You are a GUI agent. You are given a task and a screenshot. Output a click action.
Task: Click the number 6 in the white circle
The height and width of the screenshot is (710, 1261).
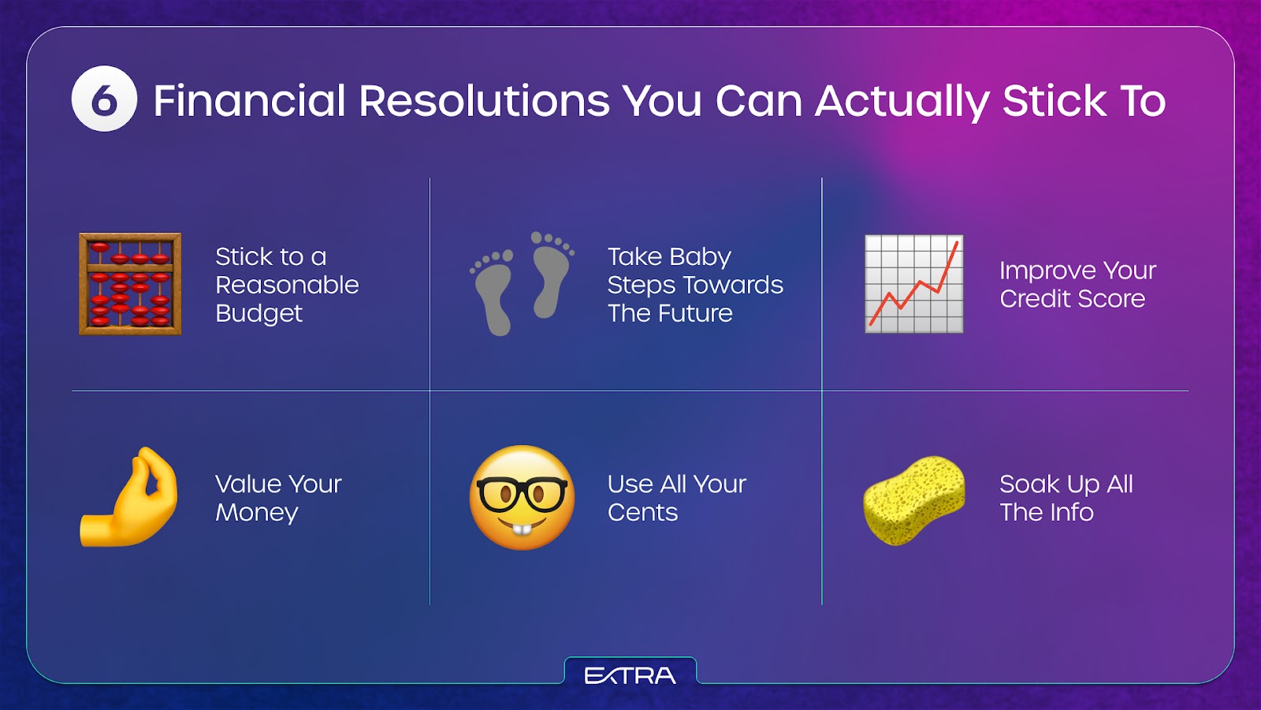point(104,100)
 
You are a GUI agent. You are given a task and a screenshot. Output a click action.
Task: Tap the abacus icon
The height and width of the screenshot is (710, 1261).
point(130,283)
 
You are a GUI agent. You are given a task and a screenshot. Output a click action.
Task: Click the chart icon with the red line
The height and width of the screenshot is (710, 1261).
point(914,283)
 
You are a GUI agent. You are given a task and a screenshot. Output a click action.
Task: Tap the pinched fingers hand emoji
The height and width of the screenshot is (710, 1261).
point(129,497)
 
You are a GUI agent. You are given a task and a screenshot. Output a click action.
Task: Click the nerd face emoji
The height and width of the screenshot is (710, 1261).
point(522,498)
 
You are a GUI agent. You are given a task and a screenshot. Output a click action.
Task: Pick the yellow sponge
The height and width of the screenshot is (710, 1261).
point(913,500)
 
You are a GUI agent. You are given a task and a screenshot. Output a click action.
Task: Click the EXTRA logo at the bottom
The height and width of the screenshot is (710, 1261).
point(630,675)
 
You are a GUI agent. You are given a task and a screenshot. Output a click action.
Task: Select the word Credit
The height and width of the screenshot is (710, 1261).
point(1033,299)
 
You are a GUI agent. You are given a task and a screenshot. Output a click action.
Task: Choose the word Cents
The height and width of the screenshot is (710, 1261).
point(642,513)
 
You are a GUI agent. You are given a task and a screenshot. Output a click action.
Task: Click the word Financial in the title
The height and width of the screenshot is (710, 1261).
point(249,102)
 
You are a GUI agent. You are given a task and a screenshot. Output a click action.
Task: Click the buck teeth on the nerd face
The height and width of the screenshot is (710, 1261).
point(522,529)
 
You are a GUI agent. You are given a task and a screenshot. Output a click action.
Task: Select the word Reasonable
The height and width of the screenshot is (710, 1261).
point(287,285)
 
